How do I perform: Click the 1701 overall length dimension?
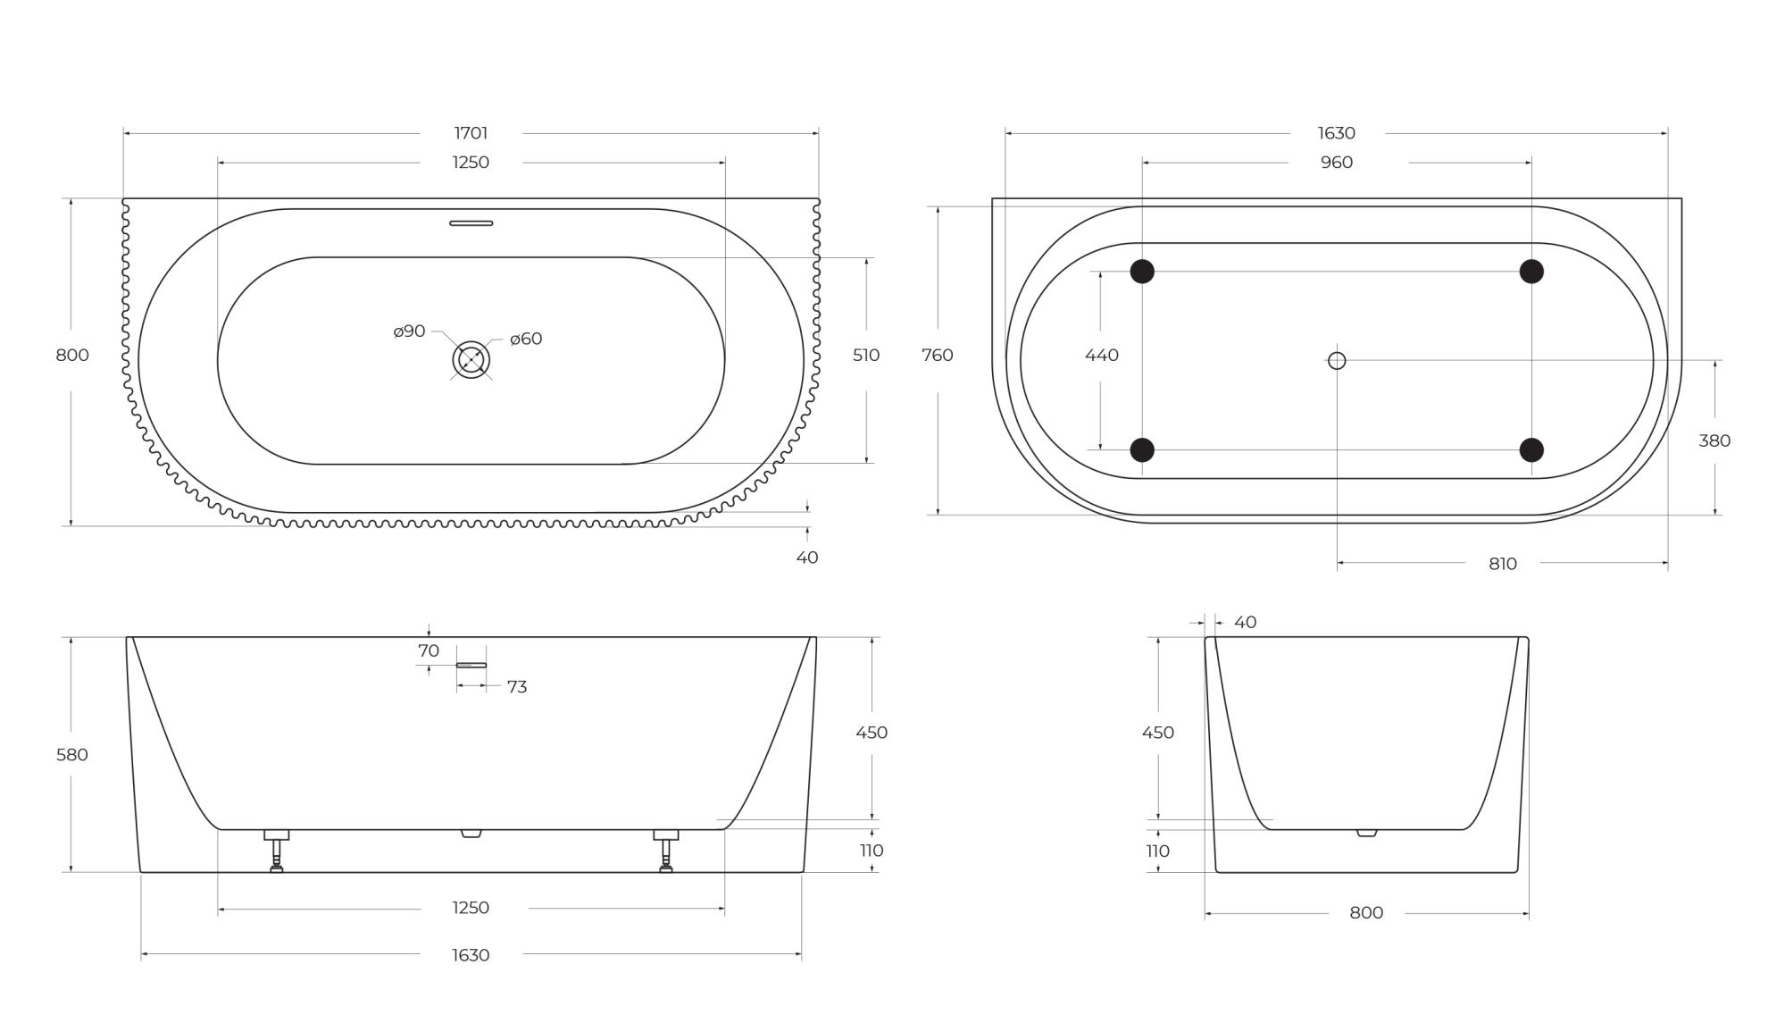[471, 133]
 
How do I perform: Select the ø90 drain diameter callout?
[409, 331]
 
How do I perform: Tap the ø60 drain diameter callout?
[526, 339]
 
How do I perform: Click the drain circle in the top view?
[471, 360]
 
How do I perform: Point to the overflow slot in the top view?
[471, 223]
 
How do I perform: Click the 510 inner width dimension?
[865, 355]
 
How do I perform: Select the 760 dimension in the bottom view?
[937, 355]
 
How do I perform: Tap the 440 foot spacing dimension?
[1101, 355]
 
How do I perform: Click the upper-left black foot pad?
[1142, 272]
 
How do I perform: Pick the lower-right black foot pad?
[1531, 449]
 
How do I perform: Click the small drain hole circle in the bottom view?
[1337, 360]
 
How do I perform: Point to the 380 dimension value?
[1714, 440]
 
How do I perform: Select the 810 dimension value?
[1503, 564]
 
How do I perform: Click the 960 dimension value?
[1337, 163]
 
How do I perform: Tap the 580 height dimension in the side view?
[72, 755]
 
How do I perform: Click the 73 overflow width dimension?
[516, 687]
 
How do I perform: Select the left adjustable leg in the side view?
[277, 851]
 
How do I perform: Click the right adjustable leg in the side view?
[666, 851]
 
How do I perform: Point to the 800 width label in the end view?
[1366, 913]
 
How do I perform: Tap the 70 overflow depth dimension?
[429, 650]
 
